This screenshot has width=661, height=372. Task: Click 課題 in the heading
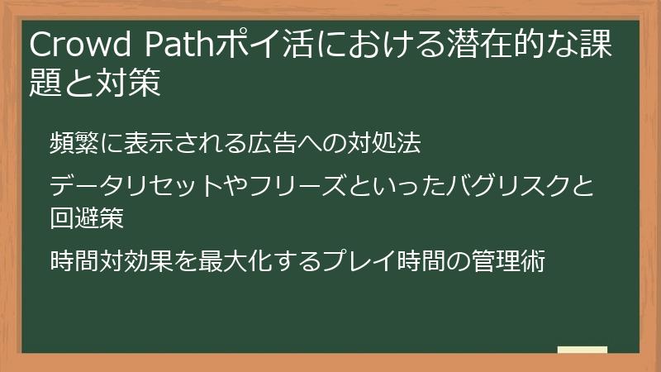(x=587, y=46)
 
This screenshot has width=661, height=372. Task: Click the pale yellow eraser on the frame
(x=583, y=350)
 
